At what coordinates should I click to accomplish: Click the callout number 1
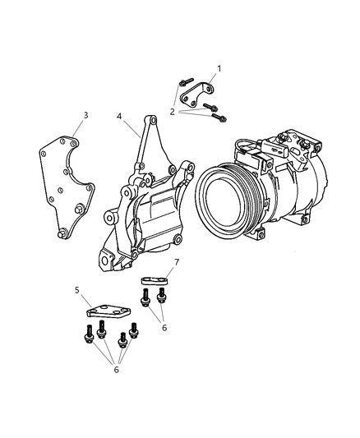[219, 69]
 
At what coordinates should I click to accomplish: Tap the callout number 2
[173, 112]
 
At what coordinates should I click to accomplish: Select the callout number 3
[85, 115]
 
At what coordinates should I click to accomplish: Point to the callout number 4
[119, 116]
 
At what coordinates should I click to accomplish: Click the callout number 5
[77, 290]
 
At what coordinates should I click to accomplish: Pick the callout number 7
[177, 263]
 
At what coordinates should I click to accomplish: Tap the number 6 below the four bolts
[117, 369]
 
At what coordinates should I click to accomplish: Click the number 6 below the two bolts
[164, 328]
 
